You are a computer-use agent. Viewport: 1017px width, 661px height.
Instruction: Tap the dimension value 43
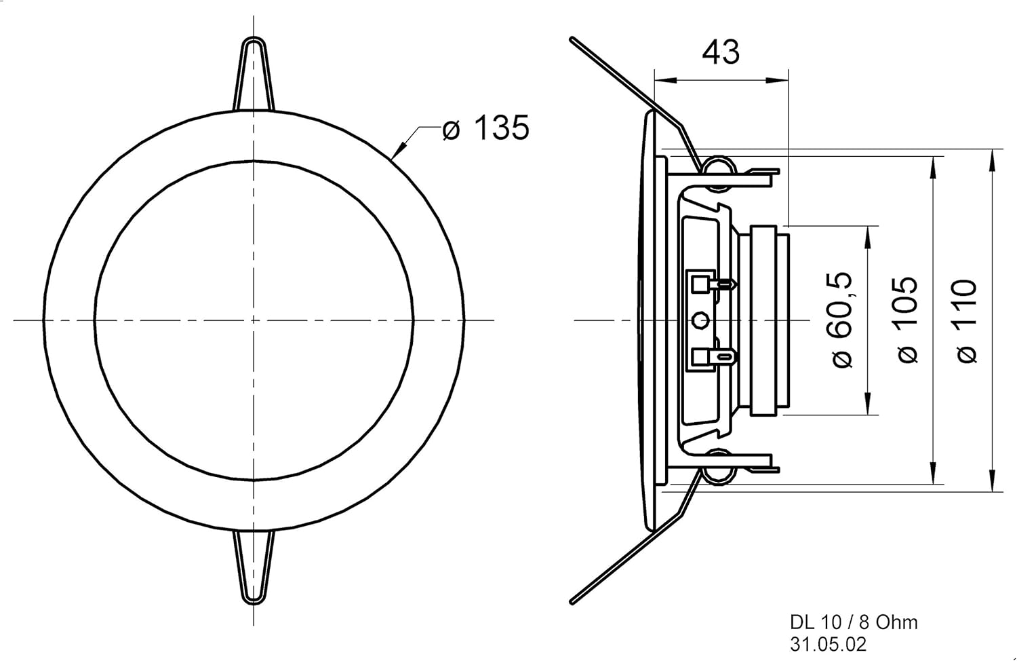(x=720, y=52)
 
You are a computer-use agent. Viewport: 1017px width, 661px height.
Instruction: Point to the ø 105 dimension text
(x=906, y=319)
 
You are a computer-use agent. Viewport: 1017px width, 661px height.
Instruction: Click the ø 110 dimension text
(x=966, y=320)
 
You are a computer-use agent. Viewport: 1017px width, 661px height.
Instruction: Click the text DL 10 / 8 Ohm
(x=854, y=622)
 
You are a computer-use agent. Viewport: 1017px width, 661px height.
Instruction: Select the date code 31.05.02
(x=828, y=644)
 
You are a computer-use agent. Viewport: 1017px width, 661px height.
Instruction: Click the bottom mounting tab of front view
(x=254, y=567)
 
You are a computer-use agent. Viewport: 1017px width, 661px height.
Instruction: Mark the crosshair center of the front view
(x=254, y=320)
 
